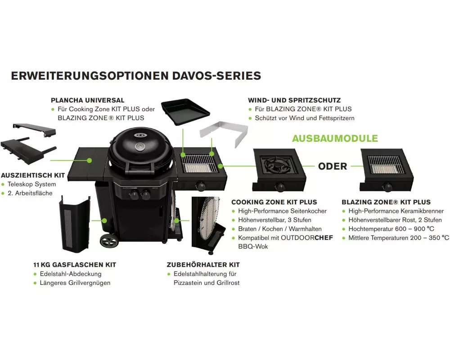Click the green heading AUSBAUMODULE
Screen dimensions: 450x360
pyautogui.click(x=335, y=138)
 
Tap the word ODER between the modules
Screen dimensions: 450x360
pyautogui.click(x=333, y=166)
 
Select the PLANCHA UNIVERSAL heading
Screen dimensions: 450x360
pyautogui.click(x=88, y=100)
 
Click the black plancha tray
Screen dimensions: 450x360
pyautogui.click(x=185, y=111)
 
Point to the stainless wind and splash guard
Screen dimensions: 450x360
pyautogui.click(x=224, y=134)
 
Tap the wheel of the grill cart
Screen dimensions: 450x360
pyautogui.click(x=109, y=240)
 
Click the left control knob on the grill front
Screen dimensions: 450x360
pyautogui.click(x=134, y=196)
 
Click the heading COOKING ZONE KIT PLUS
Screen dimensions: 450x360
pyautogui.click(x=274, y=202)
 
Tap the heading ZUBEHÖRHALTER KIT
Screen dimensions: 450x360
pyautogui.click(x=203, y=265)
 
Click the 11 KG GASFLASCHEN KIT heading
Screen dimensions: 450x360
pyautogui.click(x=75, y=265)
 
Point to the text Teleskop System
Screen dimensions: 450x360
pyautogui.click(x=32, y=184)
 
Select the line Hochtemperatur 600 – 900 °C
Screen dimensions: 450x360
pyautogui.click(x=391, y=229)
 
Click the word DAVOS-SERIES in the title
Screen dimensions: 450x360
pyautogui.click(x=217, y=76)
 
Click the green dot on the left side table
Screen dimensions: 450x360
pyautogui.click(x=89, y=160)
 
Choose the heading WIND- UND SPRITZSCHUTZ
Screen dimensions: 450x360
pyautogui.click(x=294, y=100)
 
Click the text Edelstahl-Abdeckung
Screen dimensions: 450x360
pyautogui.click(x=71, y=274)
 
